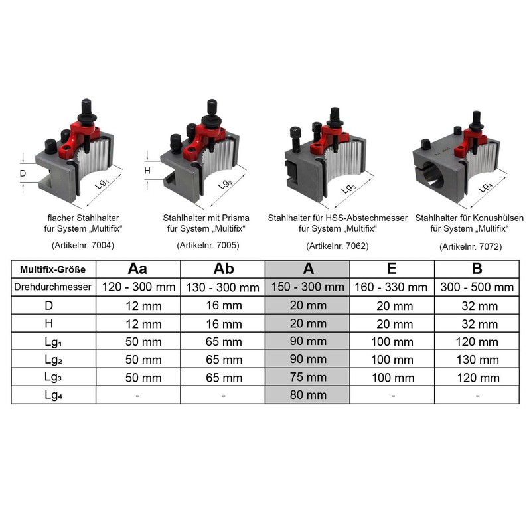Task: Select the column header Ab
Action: click(224, 269)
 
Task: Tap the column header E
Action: click(392, 269)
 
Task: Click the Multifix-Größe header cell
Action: click(54, 270)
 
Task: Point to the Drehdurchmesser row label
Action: click(54, 287)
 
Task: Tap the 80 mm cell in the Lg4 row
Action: click(307, 395)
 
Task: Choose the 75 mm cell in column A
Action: click(307, 378)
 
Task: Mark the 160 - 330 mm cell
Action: click(392, 287)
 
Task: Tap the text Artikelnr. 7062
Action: click(337, 246)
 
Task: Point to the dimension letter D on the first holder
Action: click(23, 174)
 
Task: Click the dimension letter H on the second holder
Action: click(148, 171)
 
